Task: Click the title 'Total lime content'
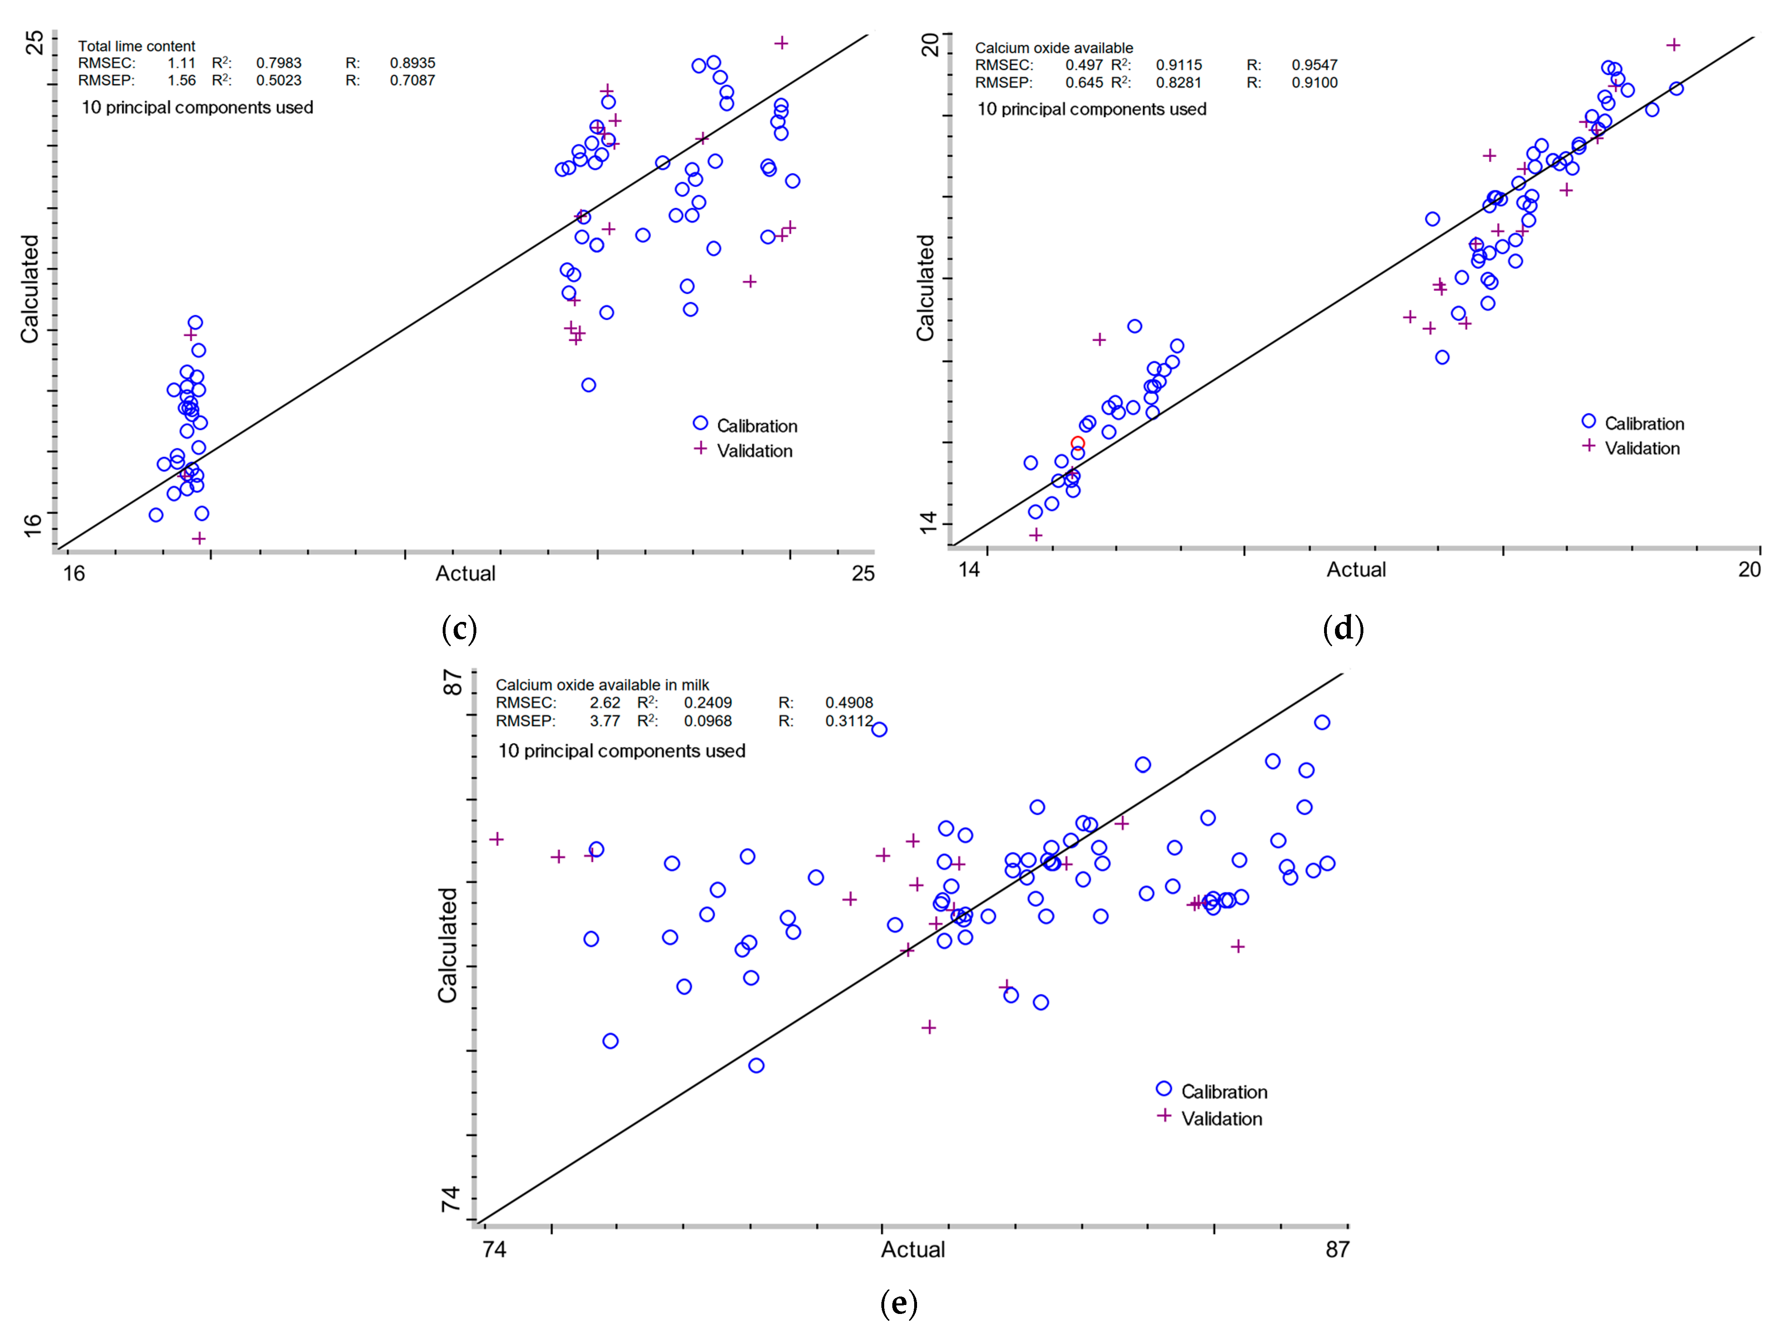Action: [x=136, y=46]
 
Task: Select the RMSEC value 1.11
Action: [x=182, y=63]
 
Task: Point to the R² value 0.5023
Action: [x=279, y=81]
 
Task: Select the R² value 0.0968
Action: [x=708, y=720]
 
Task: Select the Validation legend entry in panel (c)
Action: [x=754, y=451]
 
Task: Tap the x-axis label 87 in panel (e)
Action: [x=1337, y=1250]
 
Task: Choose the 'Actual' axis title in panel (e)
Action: [x=912, y=1250]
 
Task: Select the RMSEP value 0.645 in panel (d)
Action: [x=1084, y=82]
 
